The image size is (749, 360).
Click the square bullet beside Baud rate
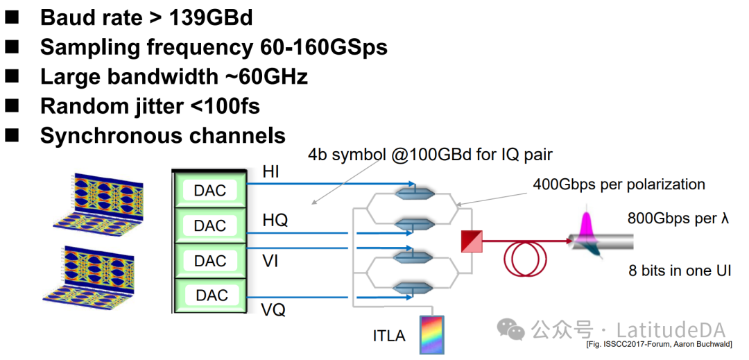14,17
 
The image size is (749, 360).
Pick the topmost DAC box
210,190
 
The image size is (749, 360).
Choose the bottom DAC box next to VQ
210,295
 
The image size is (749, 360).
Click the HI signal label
270,172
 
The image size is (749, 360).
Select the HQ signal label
275,221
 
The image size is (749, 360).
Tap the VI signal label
270,261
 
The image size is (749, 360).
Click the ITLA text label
389,336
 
